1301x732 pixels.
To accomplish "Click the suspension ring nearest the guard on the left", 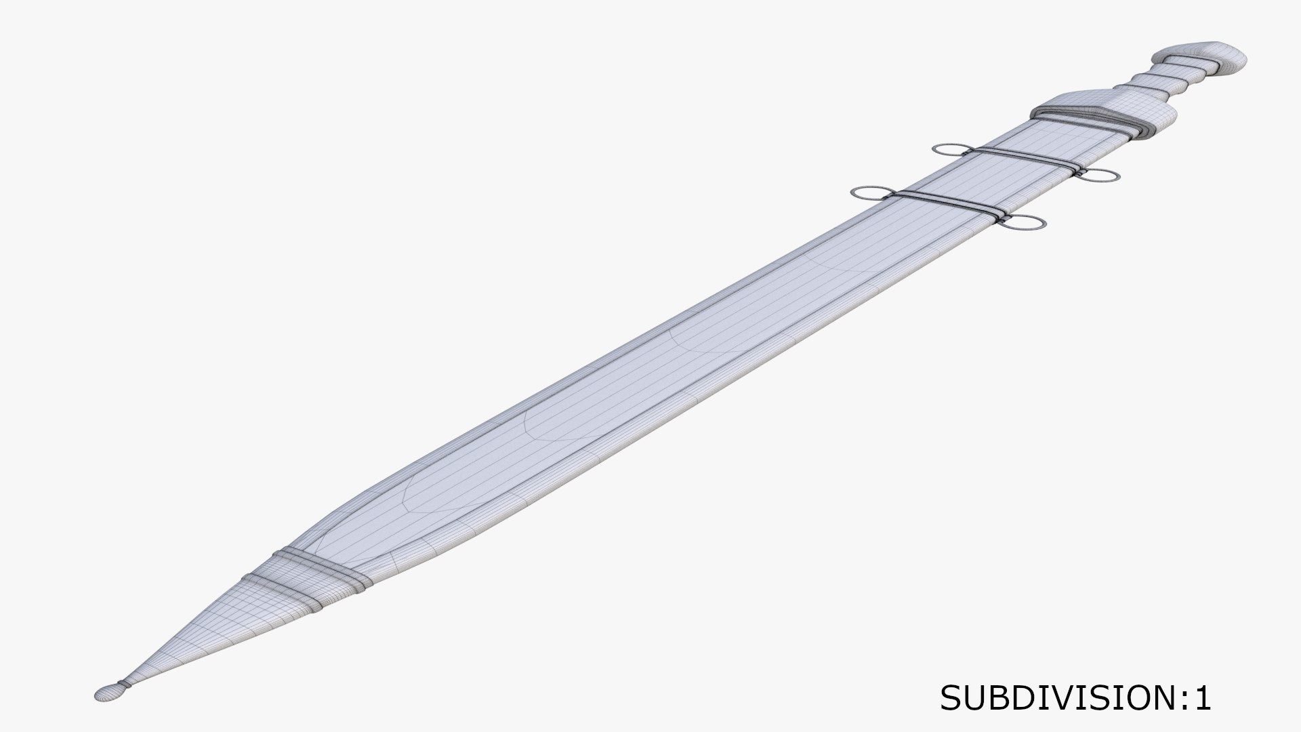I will [953, 150].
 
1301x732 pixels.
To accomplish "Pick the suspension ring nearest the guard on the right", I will [1098, 176].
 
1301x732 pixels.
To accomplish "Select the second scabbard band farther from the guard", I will [949, 203].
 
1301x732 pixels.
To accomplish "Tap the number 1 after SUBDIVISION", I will [1201, 697].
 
